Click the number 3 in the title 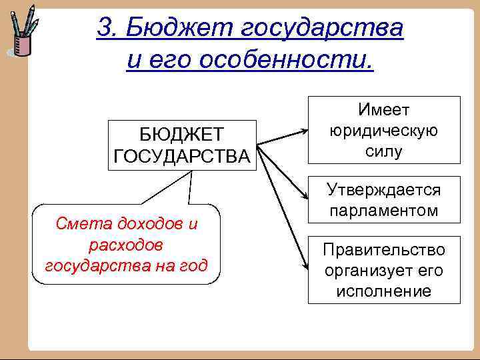tap(104, 27)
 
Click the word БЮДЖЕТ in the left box tap(182, 135)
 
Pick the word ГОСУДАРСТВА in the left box tap(182, 156)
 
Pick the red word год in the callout tap(193, 266)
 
